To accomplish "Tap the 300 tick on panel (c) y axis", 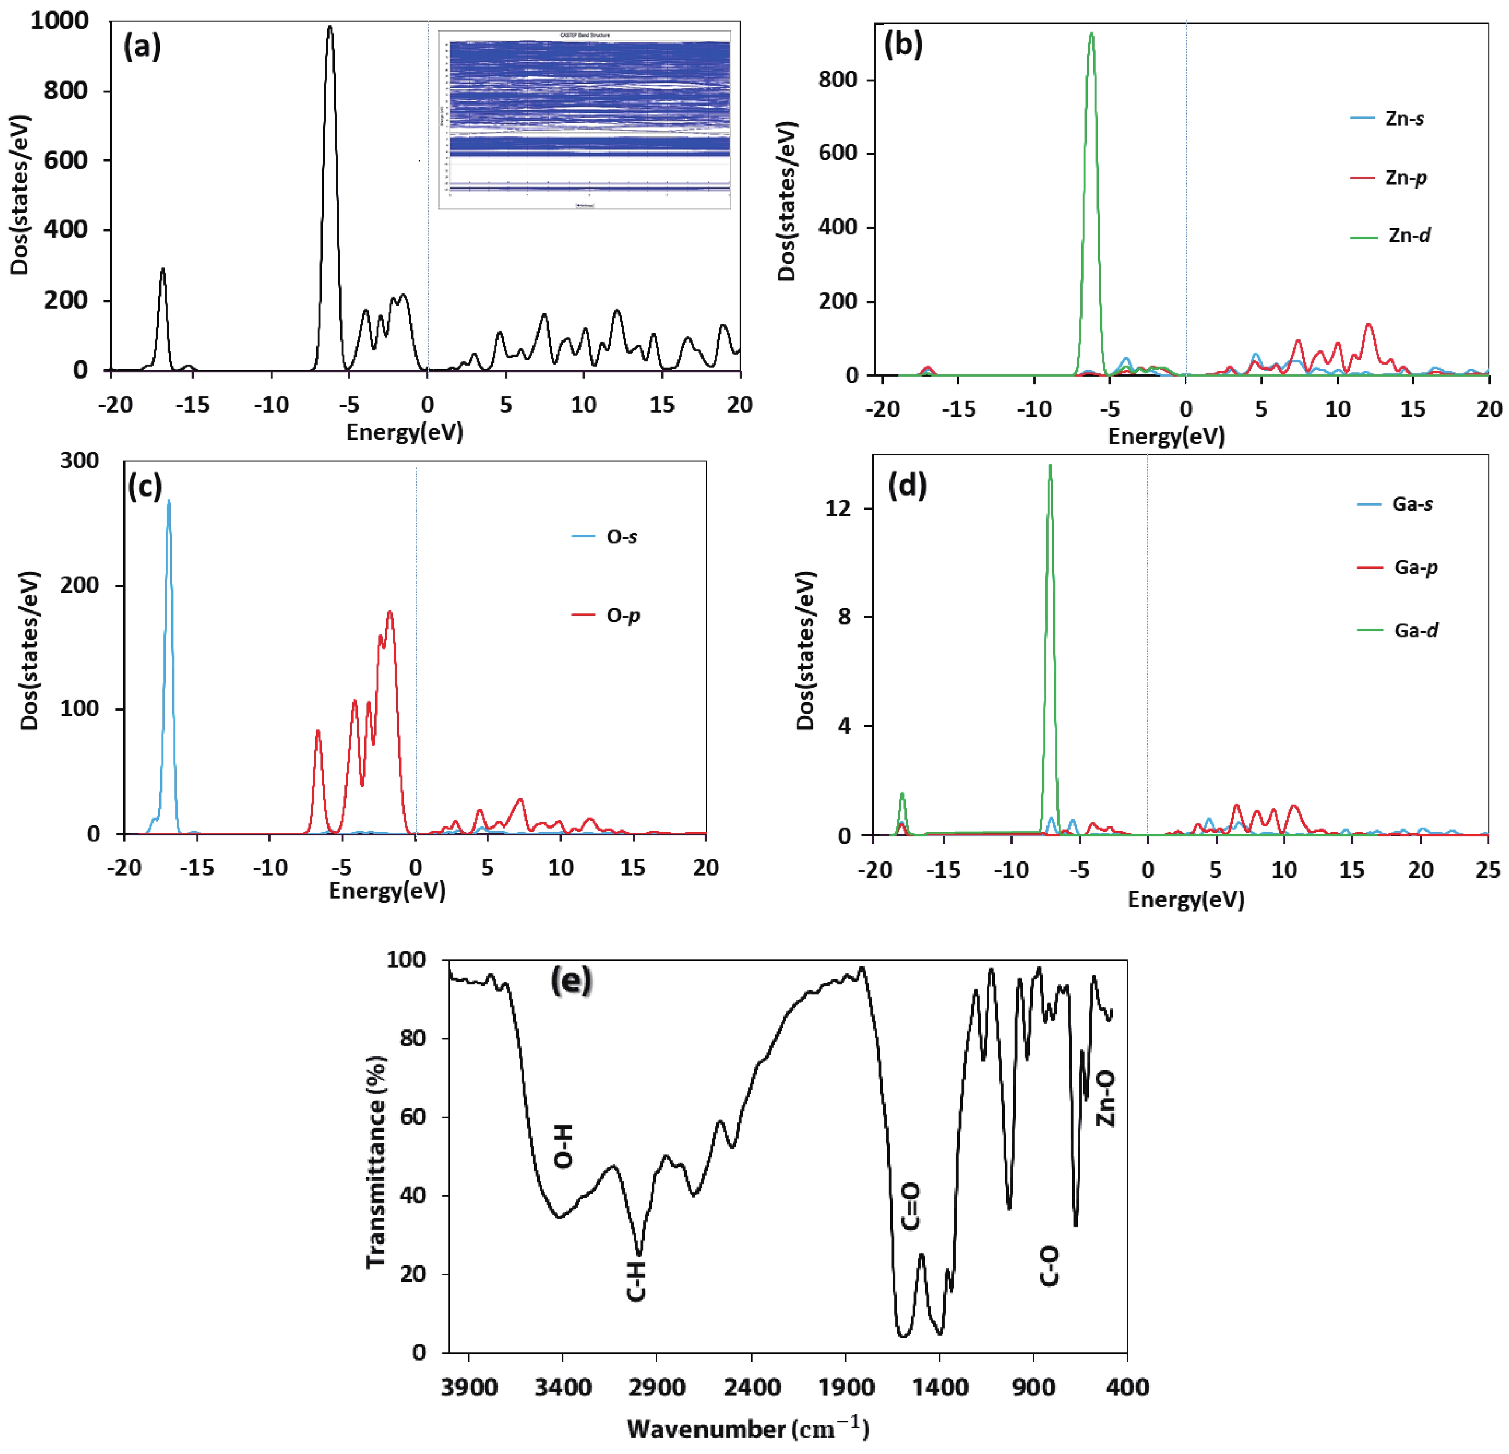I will (x=80, y=461).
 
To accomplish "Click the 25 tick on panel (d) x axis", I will (x=1487, y=870).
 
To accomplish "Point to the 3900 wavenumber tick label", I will (x=469, y=1388).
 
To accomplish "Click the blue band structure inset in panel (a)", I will (x=585, y=119).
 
